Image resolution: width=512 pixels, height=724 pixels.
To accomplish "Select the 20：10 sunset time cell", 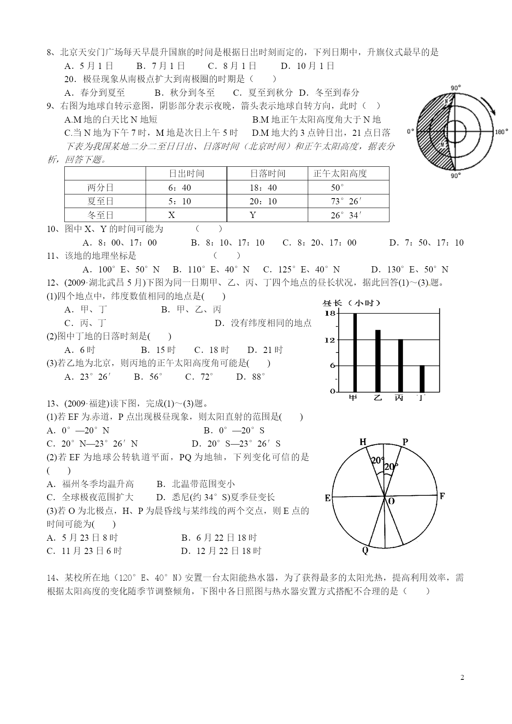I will (263, 201).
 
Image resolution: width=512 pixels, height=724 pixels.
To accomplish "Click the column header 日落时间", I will (267, 174).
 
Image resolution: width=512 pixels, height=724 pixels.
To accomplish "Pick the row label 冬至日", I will (100, 215).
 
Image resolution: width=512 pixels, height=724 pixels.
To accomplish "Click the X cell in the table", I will (172, 215).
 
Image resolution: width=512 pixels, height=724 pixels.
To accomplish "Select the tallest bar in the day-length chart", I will (355, 352).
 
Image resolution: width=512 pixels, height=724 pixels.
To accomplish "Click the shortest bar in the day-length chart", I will (422, 379).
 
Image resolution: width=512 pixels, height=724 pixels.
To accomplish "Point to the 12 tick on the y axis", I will (330, 340).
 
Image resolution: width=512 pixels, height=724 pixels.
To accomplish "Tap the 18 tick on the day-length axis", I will (330, 313).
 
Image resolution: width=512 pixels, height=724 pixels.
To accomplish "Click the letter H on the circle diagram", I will (363, 442).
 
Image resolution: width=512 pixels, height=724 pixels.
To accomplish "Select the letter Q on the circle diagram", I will (365, 551).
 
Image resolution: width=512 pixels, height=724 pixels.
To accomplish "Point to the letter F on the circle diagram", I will (442, 496).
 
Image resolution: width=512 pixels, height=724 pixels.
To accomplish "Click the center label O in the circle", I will (391, 501).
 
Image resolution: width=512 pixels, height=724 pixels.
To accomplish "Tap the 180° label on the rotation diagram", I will (501, 132).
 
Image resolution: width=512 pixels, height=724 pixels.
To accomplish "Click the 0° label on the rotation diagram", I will (410, 132).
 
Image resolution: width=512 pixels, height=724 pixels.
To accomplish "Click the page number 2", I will (462, 677).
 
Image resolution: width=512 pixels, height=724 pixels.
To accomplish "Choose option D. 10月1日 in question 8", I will (307, 66).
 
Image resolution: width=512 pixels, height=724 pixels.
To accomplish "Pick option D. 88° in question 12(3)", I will (250, 377).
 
